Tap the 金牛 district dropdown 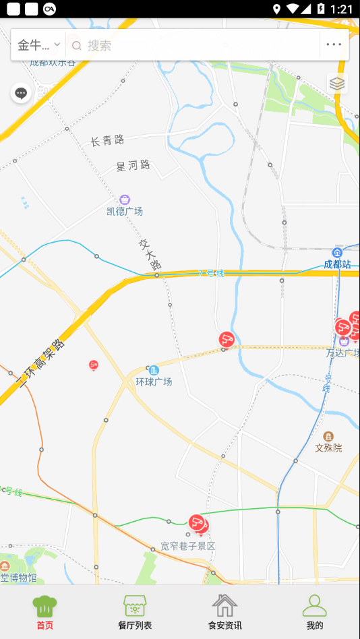point(38,45)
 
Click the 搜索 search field point(196,45)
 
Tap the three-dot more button point(334,45)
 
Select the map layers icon point(337,84)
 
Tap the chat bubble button point(21,93)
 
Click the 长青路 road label point(108,140)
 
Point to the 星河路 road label point(133,165)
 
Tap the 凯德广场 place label point(125,211)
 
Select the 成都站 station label point(337,264)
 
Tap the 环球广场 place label point(154,382)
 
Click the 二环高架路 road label point(40,365)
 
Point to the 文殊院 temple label point(328,447)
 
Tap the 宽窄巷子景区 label point(188,545)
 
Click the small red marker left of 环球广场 point(94,365)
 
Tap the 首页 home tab point(44,612)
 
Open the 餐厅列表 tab point(135,612)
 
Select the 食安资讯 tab point(224,612)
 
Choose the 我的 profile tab point(315,612)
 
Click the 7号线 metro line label point(210,273)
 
